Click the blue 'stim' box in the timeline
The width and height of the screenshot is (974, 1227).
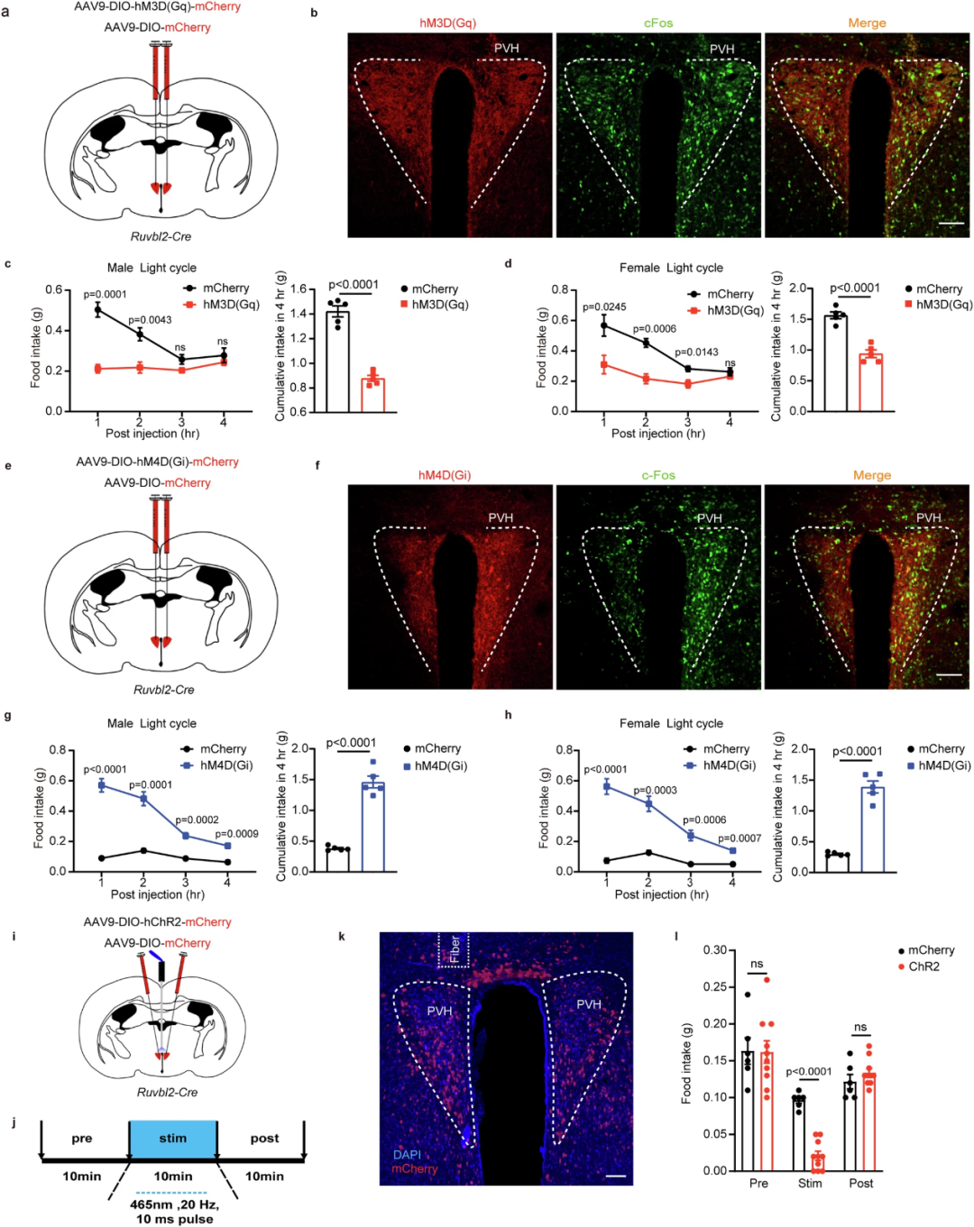pyautogui.click(x=172, y=1139)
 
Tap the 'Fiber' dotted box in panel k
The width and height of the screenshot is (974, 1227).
pyautogui.click(x=454, y=950)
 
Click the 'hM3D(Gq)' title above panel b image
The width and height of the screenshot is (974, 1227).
pyautogui.click(x=447, y=23)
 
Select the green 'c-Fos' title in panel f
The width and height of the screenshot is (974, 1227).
pyautogui.click(x=658, y=475)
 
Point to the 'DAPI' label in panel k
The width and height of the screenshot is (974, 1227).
pyautogui.click(x=408, y=1154)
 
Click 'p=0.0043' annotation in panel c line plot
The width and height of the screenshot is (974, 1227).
pyautogui.click(x=150, y=320)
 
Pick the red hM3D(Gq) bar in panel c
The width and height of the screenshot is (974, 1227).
pyautogui.click(x=372, y=395)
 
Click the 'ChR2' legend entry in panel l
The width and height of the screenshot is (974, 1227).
pyautogui.click(x=923, y=966)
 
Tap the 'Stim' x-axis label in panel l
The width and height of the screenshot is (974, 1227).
pyautogui.click(x=810, y=1183)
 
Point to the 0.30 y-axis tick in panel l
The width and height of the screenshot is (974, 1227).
pyautogui.click(x=715, y=950)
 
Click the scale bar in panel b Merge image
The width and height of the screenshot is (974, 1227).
pyautogui.click(x=951, y=223)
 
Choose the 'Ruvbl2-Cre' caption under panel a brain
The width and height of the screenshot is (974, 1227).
pyautogui.click(x=162, y=236)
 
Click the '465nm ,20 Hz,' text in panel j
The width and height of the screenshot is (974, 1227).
pyautogui.click(x=174, y=1204)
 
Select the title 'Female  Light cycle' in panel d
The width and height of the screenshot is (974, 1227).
pyautogui.click(x=671, y=268)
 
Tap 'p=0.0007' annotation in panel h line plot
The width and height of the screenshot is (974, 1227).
pyautogui.click(x=740, y=838)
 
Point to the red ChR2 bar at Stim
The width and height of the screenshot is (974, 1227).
pyautogui.click(x=817, y=1162)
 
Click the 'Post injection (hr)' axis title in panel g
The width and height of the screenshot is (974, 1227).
pyautogui.click(x=158, y=894)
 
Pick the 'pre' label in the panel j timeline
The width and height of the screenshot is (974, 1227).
pyautogui.click(x=82, y=1139)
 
